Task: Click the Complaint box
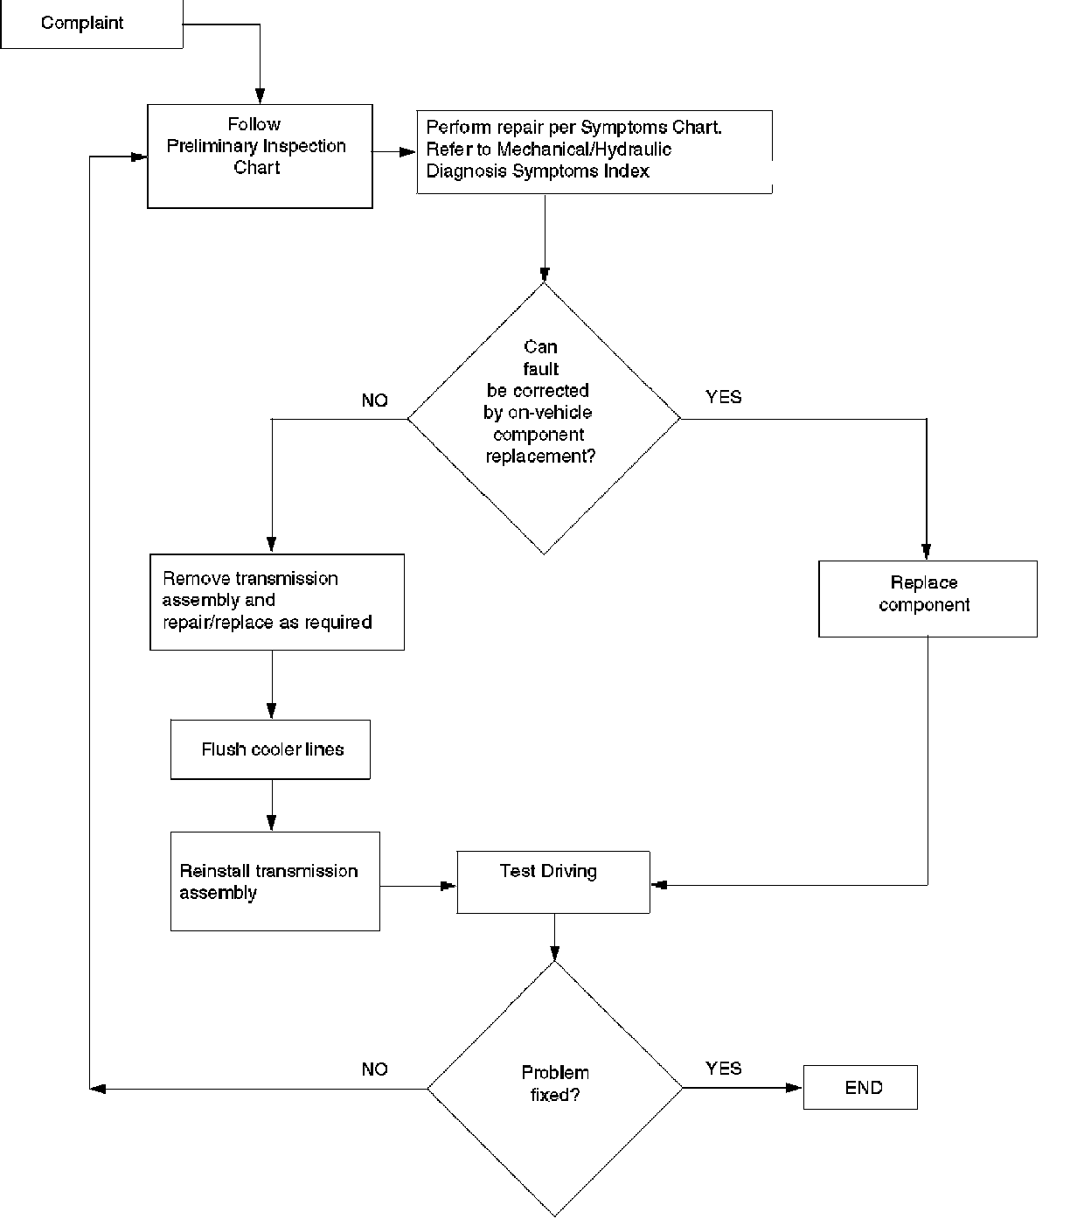[x=92, y=24]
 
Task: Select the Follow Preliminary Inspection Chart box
[x=261, y=157]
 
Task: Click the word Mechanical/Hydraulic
[x=584, y=150]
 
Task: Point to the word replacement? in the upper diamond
[x=540, y=456]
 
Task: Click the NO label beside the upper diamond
[x=374, y=400]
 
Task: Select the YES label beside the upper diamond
[x=723, y=397]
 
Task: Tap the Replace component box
[x=928, y=598]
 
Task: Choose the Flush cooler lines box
[x=270, y=749]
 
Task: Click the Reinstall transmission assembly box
[x=275, y=881]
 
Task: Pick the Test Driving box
[x=553, y=881]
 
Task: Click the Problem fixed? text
[x=555, y=1083]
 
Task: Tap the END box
[x=860, y=1088]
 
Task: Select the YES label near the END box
[x=723, y=1068]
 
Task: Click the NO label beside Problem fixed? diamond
[x=374, y=1069]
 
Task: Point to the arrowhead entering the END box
[x=794, y=1088]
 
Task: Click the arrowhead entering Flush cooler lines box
[x=272, y=711]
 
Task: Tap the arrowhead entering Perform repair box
[x=408, y=152]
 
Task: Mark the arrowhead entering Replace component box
[x=927, y=551]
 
